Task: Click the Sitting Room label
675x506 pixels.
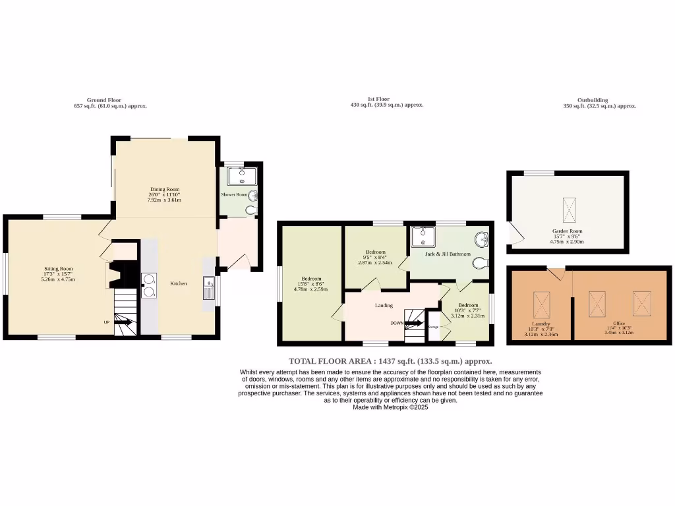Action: [x=58, y=269]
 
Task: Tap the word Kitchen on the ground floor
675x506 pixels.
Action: [x=179, y=284]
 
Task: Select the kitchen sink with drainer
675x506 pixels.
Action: [x=209, y=289]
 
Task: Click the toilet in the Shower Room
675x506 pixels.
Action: [x=250, y=210]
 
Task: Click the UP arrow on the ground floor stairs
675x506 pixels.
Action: [x=123, y=320]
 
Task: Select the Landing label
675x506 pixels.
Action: [x=384, y=306]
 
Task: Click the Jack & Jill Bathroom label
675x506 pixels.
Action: [x=448, y=254]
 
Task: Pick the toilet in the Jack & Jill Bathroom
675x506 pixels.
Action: [x=481, y=263]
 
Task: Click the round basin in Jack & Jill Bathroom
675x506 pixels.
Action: [x=482, y=239]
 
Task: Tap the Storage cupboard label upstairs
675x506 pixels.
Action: [x=433, y=327]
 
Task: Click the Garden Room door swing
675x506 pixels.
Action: [x=513, y=233]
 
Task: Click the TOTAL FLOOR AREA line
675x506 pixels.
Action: [x=390, y=361]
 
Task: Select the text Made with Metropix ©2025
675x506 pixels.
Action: [x=390, y=407]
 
